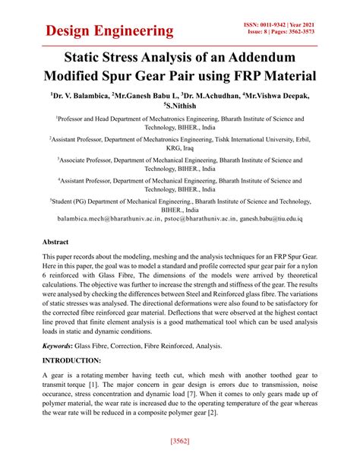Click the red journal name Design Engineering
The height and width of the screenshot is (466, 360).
pyautogui.click(x=109, y=30)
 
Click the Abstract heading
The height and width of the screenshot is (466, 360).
pyautogui.click(x=56, y=242)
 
